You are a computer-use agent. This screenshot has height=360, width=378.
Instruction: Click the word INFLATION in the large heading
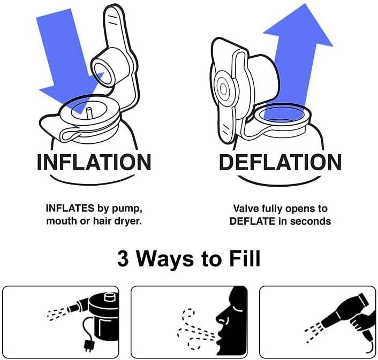[x=94, y=162]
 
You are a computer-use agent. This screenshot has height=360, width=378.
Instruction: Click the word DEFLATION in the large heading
[x=280, y=162]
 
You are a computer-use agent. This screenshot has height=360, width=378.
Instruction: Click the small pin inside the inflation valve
[x=89, y=113]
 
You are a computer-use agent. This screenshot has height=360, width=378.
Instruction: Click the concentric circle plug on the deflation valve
[x=223, y=90]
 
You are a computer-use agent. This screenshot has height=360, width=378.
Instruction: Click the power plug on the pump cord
[x=87, y=346]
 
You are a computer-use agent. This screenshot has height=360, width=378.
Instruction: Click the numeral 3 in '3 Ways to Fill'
[x=123, y=259]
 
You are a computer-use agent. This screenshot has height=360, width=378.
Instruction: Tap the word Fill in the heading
[x=245, y=258]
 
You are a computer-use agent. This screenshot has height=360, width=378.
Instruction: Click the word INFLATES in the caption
[x=70, y=208]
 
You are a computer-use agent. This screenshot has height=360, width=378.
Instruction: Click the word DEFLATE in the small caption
[x=253, y=221]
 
